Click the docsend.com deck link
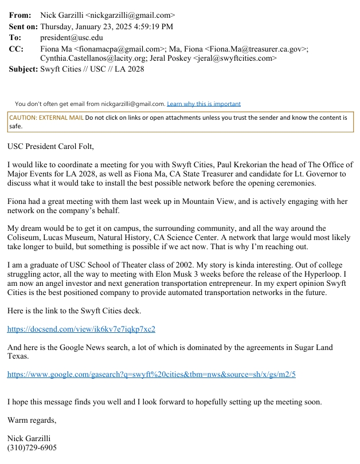tap(81, 329)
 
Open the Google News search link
tap(151, 375)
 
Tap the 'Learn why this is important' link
tap(204, 104)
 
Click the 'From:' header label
tap(20, 15)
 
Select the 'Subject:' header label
tap(23, 69)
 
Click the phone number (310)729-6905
tap(32, 447)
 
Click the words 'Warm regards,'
tap(32, 420)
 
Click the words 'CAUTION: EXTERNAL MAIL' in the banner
tap(46, 117)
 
